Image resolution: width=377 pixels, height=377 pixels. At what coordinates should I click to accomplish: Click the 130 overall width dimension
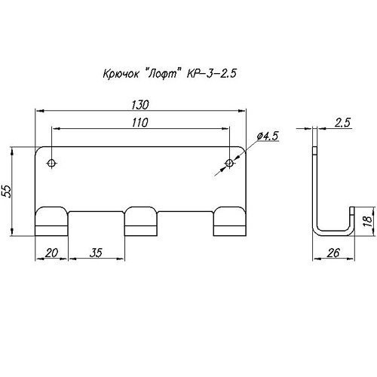(140, 105)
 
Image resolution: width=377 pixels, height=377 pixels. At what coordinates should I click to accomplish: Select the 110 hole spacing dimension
(140, 123)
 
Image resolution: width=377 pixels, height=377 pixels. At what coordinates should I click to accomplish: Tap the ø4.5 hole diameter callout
(268, 136)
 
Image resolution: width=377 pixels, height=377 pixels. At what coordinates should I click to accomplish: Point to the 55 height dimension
(7, 192)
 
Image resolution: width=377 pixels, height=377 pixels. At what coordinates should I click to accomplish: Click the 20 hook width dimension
(51, 253)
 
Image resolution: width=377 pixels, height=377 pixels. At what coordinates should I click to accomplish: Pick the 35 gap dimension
(97, 253)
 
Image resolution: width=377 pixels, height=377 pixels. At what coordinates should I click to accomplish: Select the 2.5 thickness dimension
(342, 123)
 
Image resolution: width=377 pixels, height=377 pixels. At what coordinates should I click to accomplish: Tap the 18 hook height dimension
(368, 221)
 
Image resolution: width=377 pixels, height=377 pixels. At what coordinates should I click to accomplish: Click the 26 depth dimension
(333, 253)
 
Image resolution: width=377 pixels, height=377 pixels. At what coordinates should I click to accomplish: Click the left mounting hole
(52, 163)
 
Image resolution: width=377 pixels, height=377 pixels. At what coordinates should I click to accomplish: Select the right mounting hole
(229, 163)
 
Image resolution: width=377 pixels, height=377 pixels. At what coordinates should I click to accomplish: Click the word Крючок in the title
(121, 74)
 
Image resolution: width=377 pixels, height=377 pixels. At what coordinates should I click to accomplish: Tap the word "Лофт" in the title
(164, 74)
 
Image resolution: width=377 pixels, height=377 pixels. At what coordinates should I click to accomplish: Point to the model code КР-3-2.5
(211, 73)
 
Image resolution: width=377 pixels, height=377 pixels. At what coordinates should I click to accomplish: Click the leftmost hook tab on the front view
(51, 221)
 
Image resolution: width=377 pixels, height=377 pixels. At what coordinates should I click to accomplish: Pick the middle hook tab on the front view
(141, 221)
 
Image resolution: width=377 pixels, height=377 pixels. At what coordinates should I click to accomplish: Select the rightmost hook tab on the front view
(230, 221)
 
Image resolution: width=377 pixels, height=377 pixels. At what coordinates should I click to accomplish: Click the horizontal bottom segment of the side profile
(333, 233)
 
